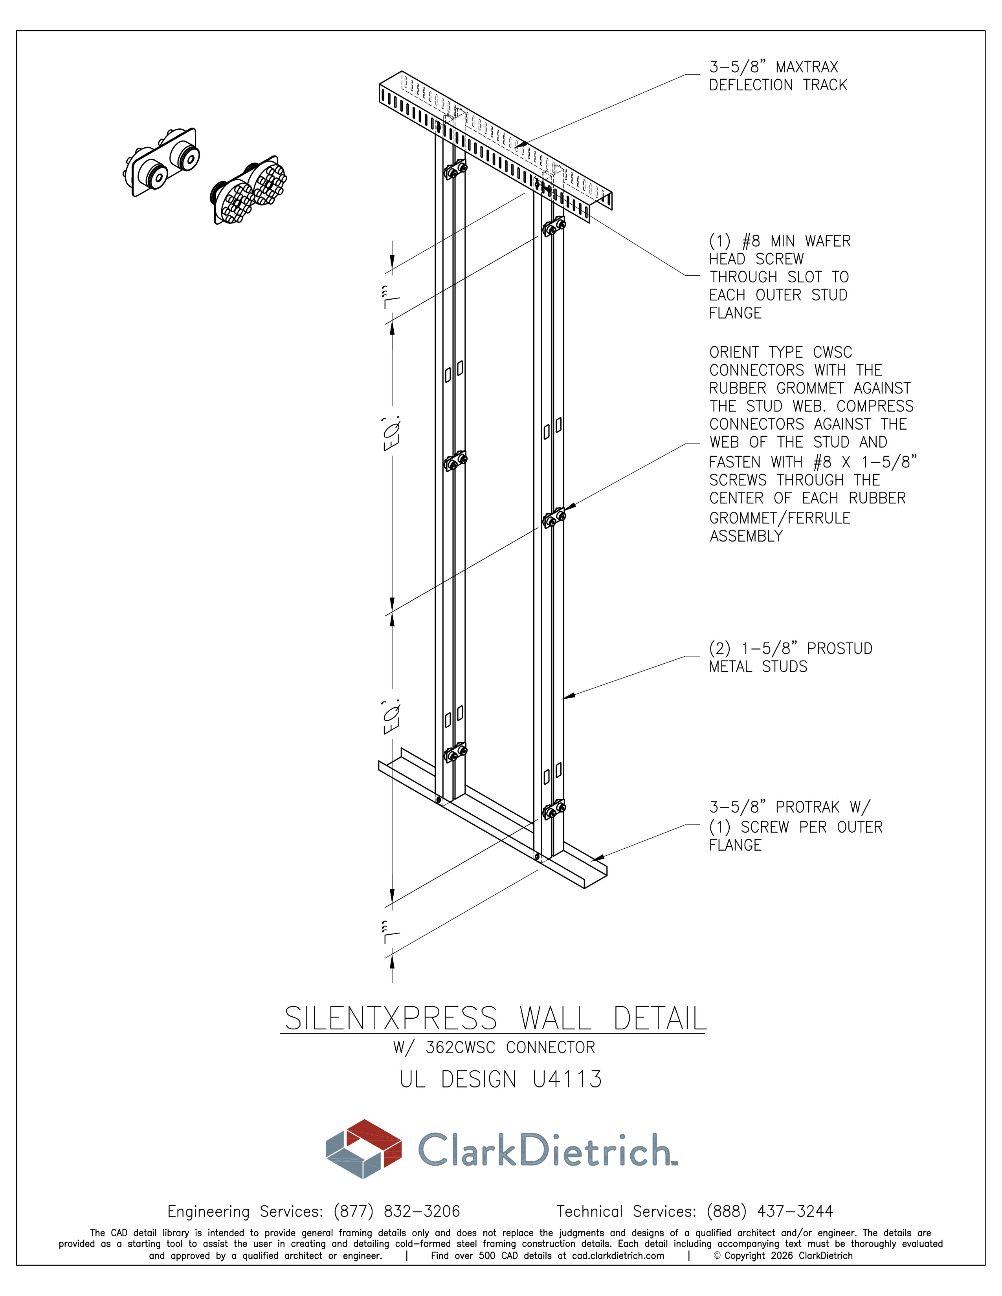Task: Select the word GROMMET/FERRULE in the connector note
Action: [x=780, y=518]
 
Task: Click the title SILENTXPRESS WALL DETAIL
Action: [x=495, y=1018]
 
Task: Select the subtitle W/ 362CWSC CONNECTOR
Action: [x=494, y=1047]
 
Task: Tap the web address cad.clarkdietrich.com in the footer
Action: [x=618, y=1256]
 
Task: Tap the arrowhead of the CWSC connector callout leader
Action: [x=569, y=507]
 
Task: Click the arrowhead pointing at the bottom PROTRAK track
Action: [x=598, y=857]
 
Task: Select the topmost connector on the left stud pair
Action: [x=455, y=170]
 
